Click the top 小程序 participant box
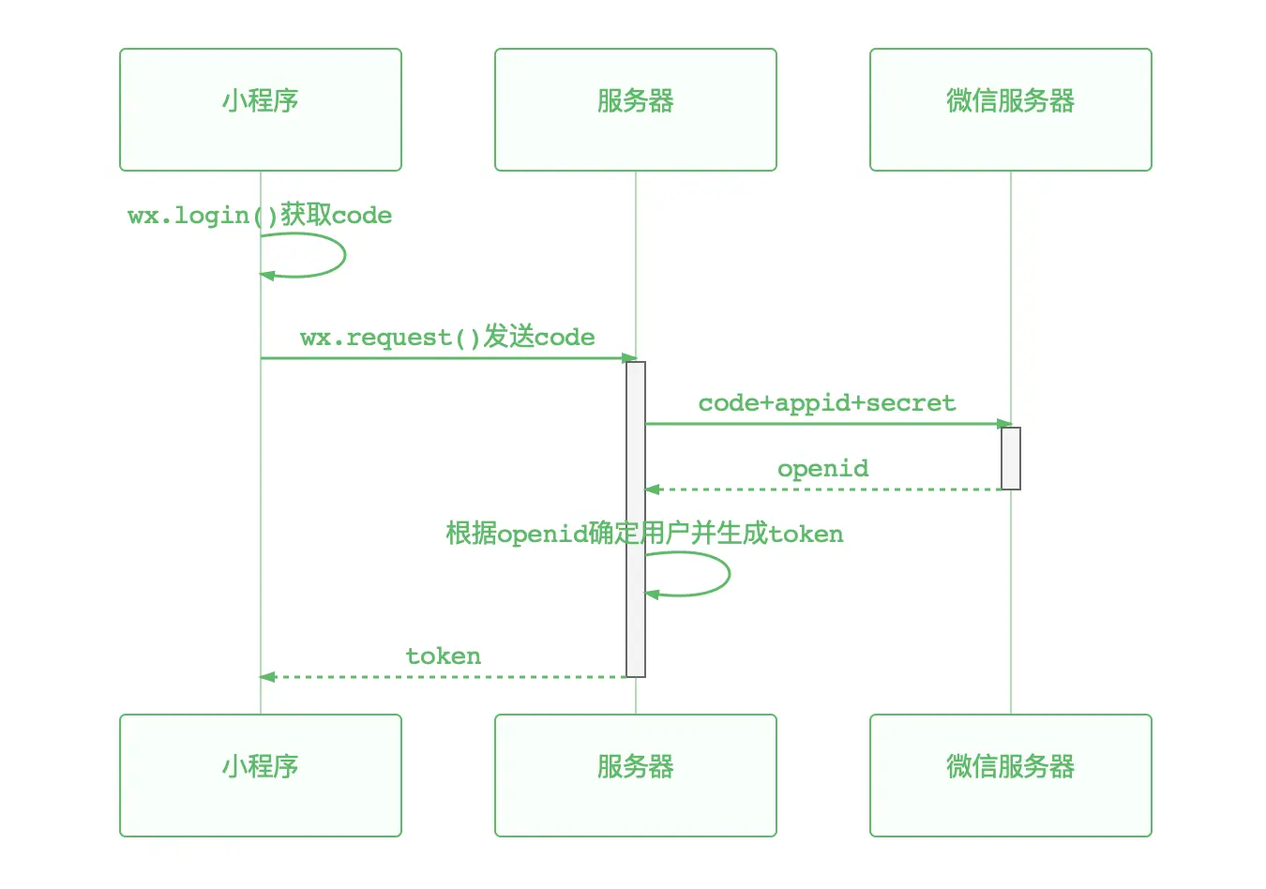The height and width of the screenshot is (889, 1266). click(261, 110)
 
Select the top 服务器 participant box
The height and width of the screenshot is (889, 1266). click(636, 110)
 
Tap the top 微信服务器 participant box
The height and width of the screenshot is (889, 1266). click(1011, 110)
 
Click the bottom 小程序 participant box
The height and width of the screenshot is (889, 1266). click(261, 776)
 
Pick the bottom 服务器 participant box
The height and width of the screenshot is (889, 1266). click(636, 776)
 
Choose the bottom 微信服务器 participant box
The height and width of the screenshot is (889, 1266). click(1011, 776)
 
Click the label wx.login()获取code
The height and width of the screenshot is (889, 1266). click(260, 216)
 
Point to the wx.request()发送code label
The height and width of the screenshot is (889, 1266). click(447, 338)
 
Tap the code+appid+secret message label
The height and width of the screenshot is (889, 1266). click(826, 403)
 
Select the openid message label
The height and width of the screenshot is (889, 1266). click(822, 469)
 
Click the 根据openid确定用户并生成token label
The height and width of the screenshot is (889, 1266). click(644, 535)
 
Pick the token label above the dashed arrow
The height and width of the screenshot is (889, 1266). click(443, 656)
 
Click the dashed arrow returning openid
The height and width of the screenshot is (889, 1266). click(823, 490)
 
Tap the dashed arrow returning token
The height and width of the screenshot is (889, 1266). click(443, 677)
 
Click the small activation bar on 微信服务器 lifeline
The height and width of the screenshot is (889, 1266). click(1011, 459)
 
